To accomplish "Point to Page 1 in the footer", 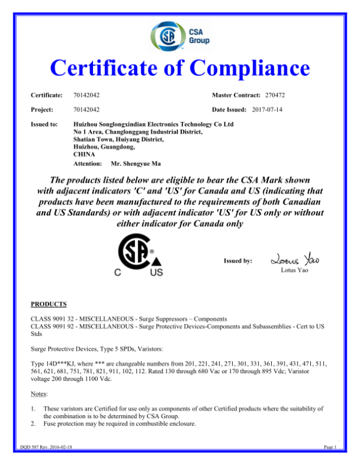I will point(329,447).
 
